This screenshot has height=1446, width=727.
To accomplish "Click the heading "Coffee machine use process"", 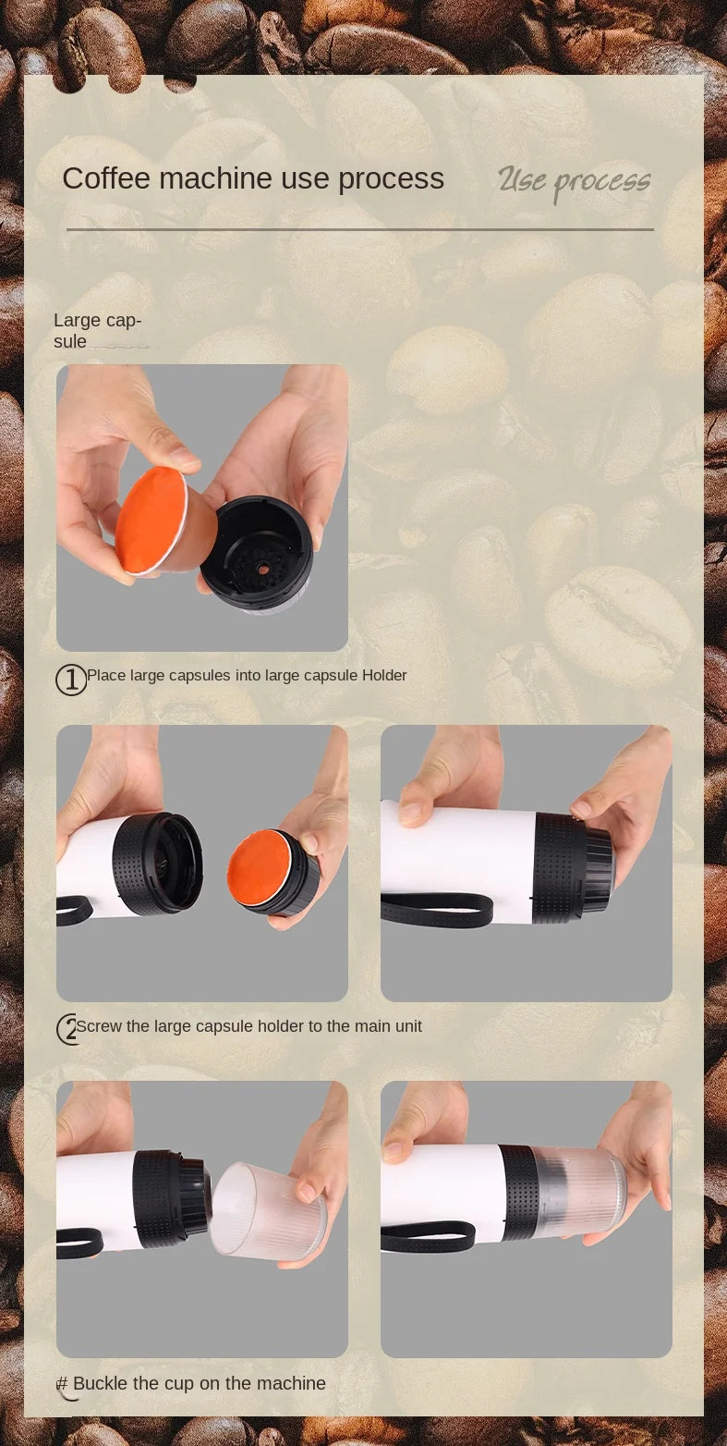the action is tap(253, 178).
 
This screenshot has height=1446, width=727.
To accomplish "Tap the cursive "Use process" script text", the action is tap(574, 182).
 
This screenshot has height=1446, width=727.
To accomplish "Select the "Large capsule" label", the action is tap(97, 330).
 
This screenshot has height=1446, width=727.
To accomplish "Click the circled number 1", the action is tap(71, 680).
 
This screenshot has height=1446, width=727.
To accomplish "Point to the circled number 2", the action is tap(67, 1029).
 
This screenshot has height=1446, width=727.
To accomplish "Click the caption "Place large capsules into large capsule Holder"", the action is tap(247, 675).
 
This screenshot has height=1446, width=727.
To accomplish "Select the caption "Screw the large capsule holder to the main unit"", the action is tap(249, 1026).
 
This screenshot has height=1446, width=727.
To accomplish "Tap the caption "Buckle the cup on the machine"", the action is tap(200, 1383).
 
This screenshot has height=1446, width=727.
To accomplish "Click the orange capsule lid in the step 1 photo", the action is tap(151, 521).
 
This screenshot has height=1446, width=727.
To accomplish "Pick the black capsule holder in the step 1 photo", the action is tap(258, 554).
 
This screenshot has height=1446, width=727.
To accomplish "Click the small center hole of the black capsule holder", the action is tap(262, 568).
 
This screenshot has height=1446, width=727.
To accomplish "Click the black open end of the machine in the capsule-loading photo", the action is tap(158, 863).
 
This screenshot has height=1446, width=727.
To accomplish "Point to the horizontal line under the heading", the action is tap(360, 229).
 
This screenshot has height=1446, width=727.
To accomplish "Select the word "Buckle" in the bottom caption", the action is tap(100, 1383).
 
